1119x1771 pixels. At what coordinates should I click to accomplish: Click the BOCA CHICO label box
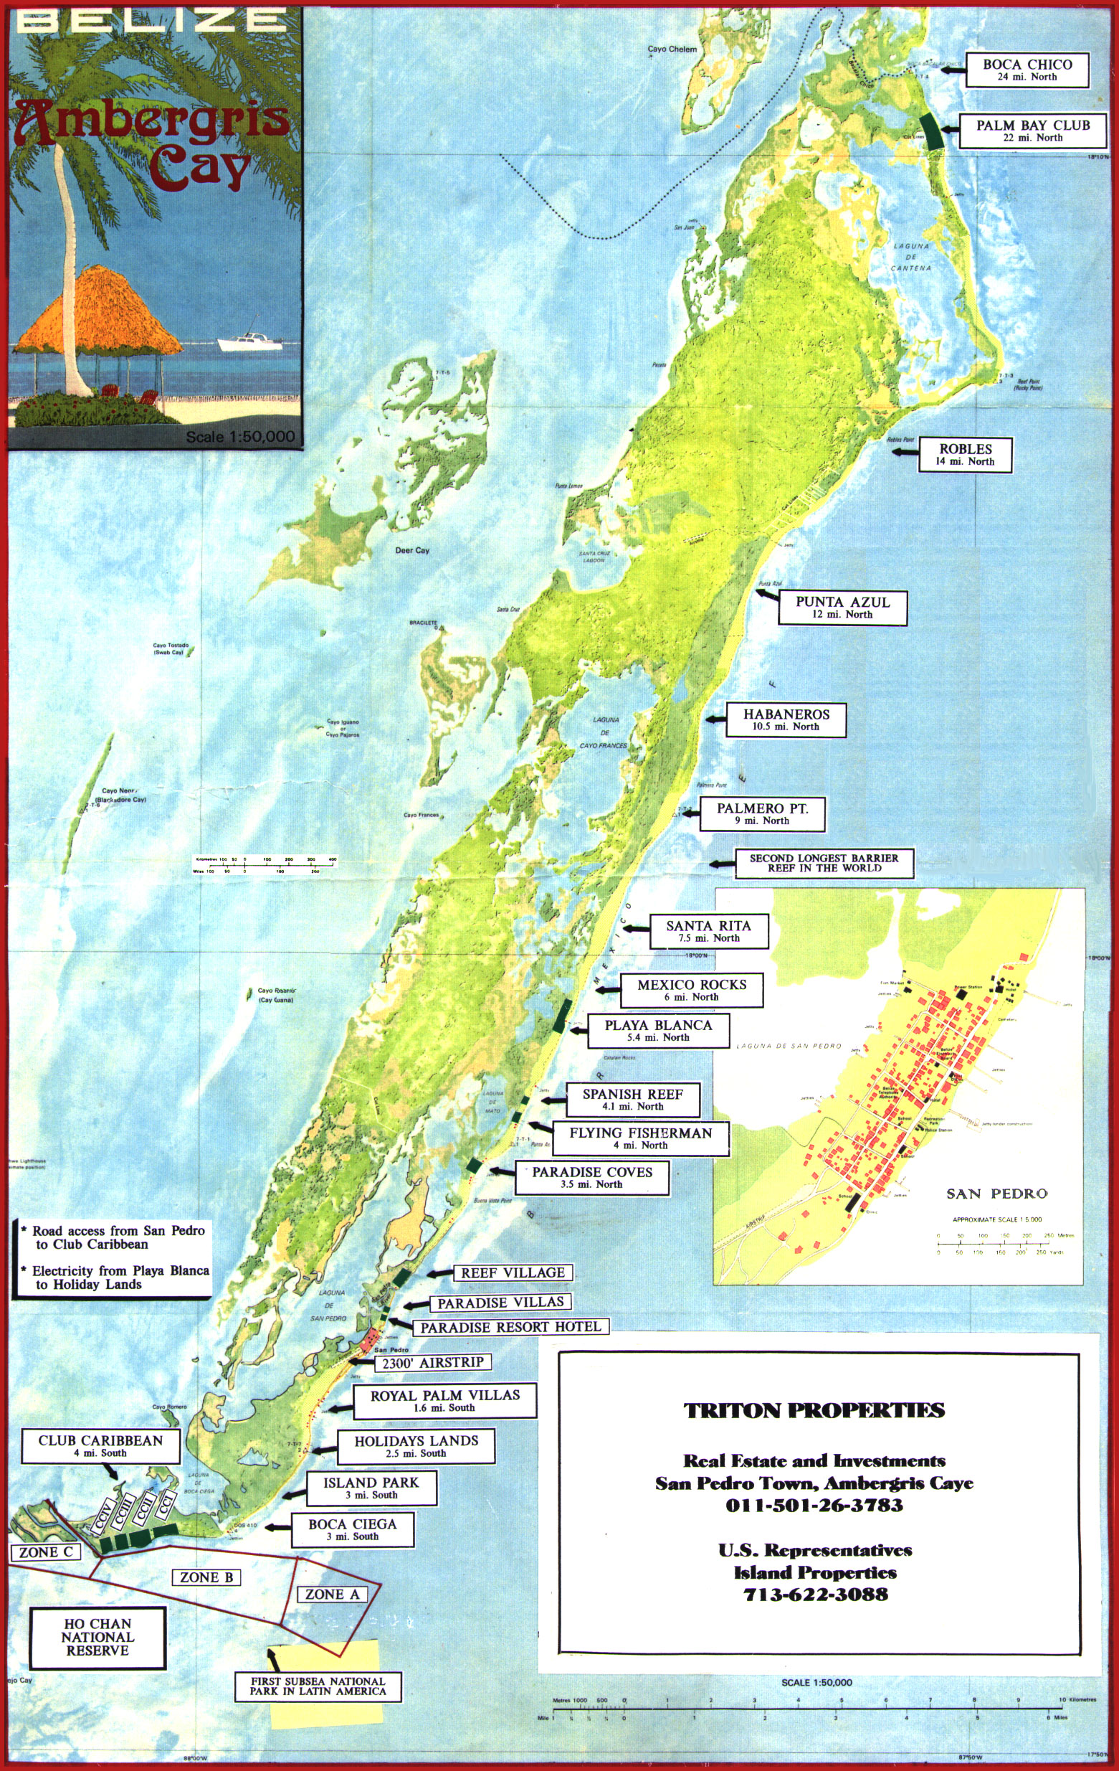tap(1027, 70)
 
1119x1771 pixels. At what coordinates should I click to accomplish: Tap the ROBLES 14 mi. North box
tap(965, 454)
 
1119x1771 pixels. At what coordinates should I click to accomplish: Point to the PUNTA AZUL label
tap(842, 607)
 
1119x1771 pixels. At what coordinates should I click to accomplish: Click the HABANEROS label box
tap(785, 719)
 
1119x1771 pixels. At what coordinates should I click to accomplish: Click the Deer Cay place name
tap(411, 550)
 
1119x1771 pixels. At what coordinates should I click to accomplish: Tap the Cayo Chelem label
tap(671, 49)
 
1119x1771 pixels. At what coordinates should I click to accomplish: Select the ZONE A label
tap(333, 1594)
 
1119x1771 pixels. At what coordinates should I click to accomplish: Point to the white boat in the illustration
tap(249, 341)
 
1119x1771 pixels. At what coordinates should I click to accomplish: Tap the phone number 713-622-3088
tap(815, 1595)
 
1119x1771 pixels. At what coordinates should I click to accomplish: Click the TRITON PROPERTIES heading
tap(814, 1410)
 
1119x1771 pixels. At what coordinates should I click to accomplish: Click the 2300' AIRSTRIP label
tap(432, 1362)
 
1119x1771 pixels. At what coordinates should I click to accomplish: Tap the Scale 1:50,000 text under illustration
tap(239, 436)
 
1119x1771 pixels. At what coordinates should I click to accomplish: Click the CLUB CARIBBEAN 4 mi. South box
tap(100, 1445)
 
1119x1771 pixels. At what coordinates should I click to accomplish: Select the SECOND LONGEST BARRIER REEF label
tap(824, 863)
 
